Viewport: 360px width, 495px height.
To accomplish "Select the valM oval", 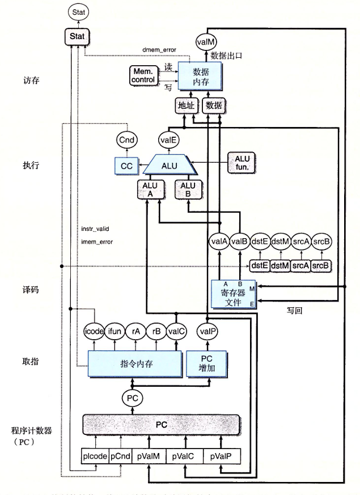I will click(x=205, y=41).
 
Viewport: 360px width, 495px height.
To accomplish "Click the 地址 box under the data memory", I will click(x=186, y=105).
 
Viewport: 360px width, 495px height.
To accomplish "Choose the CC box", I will click(x=126, y=166).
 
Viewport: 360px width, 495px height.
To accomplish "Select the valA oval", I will click(x=218, y=242).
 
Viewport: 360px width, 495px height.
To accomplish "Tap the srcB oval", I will click(x=321, y=242).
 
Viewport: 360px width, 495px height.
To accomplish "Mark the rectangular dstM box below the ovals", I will click(x=280, y=265).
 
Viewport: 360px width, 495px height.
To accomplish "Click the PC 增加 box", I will click(x=207, y=363).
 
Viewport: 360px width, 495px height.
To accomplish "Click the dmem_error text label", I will click(x=159, y=50).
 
